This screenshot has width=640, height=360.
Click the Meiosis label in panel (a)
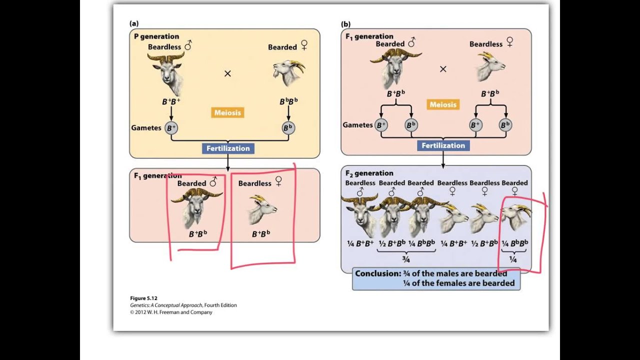point(227,112)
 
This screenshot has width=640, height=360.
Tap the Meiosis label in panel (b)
point(443,104)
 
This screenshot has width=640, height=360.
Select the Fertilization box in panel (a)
point(227,148)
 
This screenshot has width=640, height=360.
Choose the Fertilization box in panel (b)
point(443,145)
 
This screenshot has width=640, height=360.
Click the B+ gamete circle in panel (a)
point(171,128)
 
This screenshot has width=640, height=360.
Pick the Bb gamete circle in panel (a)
point(288,128)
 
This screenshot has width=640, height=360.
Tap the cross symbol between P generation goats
point(227,73)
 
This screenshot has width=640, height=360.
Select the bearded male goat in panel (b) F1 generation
point(394,67)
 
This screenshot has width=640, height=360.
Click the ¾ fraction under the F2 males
point(405,259)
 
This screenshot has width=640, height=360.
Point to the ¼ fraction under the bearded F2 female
point(513,259)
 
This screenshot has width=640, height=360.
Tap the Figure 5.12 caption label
point(144,298)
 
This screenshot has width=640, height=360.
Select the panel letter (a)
point(134,23)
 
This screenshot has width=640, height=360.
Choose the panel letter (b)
point(345,23)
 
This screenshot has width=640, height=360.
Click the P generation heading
point(156,36)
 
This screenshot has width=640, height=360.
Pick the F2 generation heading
point(369,173)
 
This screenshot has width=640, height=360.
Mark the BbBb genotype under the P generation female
point(288,101)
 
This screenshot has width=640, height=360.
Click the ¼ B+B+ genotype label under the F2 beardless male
point(360,243)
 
